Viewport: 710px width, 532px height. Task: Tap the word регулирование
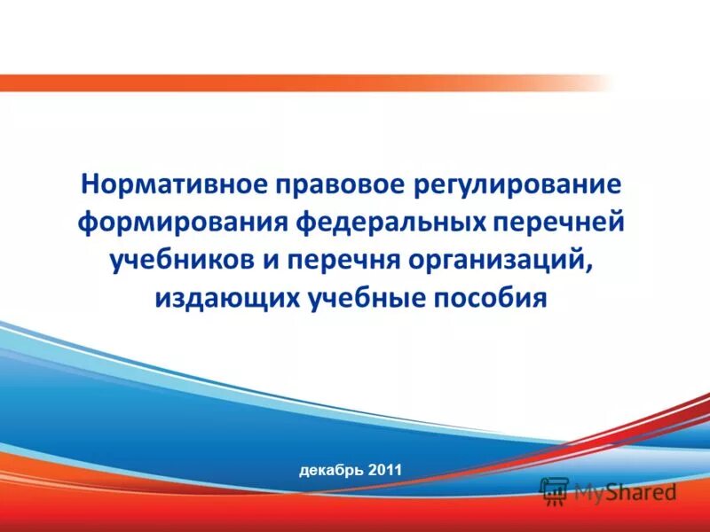(x=516, y=187)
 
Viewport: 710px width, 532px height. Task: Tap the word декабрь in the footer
(x=330, y=469)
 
